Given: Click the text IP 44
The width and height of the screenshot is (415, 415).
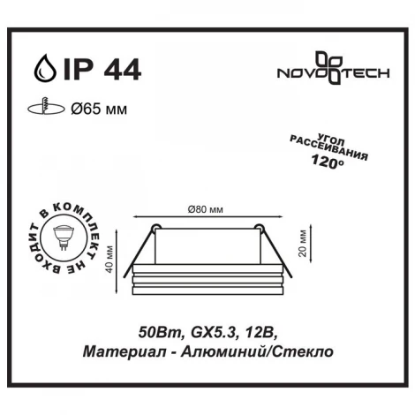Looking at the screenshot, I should [96, 68].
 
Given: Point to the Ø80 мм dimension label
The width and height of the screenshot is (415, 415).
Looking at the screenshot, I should [205, 208].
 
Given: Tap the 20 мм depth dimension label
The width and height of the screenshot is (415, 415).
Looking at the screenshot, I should [299, 238].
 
